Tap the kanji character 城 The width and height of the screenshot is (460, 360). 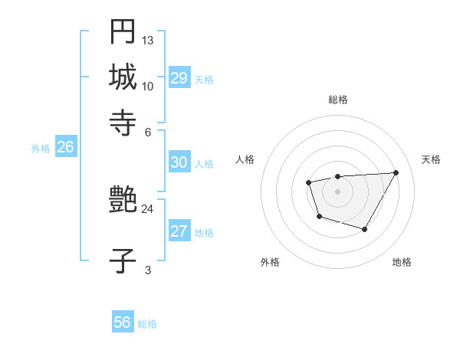click(123, 77)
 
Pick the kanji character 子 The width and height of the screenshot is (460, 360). click(123, 261)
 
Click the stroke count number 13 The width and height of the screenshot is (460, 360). click(148, 40)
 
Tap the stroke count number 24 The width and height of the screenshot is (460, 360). click(147, 208)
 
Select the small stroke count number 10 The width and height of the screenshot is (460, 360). click(148, 86)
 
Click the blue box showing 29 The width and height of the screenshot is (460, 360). click(179, 78)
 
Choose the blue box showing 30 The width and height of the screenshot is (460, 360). click(179, 162)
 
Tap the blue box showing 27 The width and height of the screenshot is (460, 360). click(179, 231)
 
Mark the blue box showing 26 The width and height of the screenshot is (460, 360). click(65, 147)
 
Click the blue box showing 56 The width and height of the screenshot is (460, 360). click(123, 322)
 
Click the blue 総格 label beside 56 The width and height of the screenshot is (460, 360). click(147, 324)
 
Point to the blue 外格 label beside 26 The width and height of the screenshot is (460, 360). click(41, 149)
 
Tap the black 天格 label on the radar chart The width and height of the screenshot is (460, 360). click(431, 159)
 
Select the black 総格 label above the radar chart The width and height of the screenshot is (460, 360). click(337, 100)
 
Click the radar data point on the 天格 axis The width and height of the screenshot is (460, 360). click(396, 172)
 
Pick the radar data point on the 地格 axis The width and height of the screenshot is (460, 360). click(365, 229)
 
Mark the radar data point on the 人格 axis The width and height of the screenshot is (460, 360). click(308, 182)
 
